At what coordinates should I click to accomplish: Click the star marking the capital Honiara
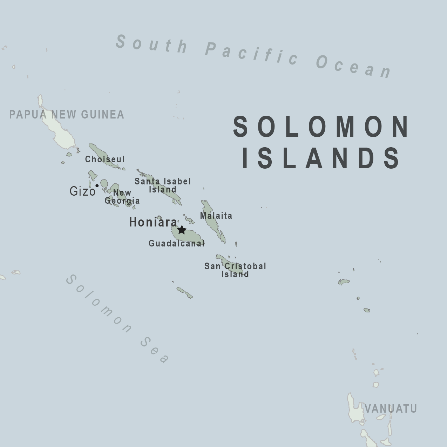[181, 230]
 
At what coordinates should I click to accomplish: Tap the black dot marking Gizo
[97, 185]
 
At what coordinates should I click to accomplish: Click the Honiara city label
[153, 222]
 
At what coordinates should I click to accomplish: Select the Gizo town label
[82, 191]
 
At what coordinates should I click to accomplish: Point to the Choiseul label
[105, 160]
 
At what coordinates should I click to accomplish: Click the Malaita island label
[216, 216]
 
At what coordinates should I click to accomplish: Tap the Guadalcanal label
[176, 243]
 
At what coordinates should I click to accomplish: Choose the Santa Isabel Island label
[163, 185]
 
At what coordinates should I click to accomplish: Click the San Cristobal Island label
[235, 270]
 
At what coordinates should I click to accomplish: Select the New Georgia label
[122, 197]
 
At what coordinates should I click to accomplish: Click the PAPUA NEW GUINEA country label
[67, 115]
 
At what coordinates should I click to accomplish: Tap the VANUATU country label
[391, 409]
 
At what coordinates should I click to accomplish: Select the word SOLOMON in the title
[321, 127]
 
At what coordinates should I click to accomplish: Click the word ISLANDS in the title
[321, 158]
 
